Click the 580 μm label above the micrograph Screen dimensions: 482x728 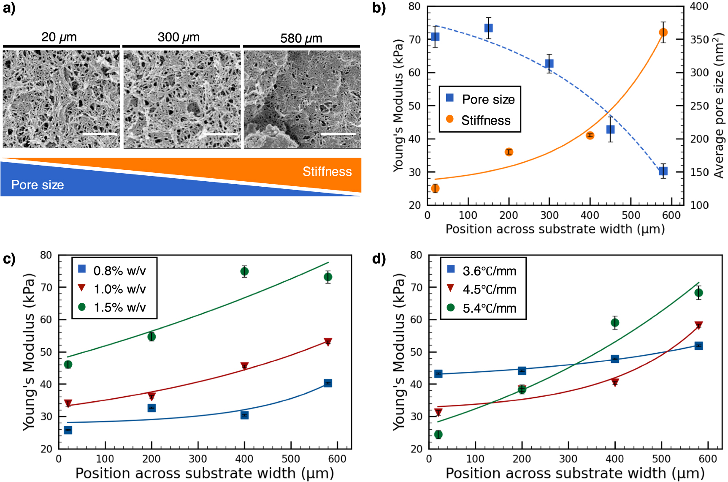301,38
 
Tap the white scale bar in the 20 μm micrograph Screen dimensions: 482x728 100,134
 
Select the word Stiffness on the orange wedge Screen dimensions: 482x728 327,172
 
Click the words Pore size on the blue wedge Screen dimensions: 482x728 38,185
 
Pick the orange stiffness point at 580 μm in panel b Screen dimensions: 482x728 663,33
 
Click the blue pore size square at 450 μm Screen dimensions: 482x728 610,129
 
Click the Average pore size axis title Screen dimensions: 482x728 718,106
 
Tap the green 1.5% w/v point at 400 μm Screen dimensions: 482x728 244,271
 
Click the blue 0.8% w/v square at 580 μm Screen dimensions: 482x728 328,383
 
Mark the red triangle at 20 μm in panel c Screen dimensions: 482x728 68,403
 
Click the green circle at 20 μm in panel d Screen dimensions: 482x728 438,434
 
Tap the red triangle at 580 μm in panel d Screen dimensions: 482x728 698,325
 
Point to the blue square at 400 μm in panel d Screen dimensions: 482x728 615,359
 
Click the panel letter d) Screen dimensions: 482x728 379,258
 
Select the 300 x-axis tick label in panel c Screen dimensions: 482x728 198,459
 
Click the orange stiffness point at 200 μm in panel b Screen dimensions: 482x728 509,152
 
